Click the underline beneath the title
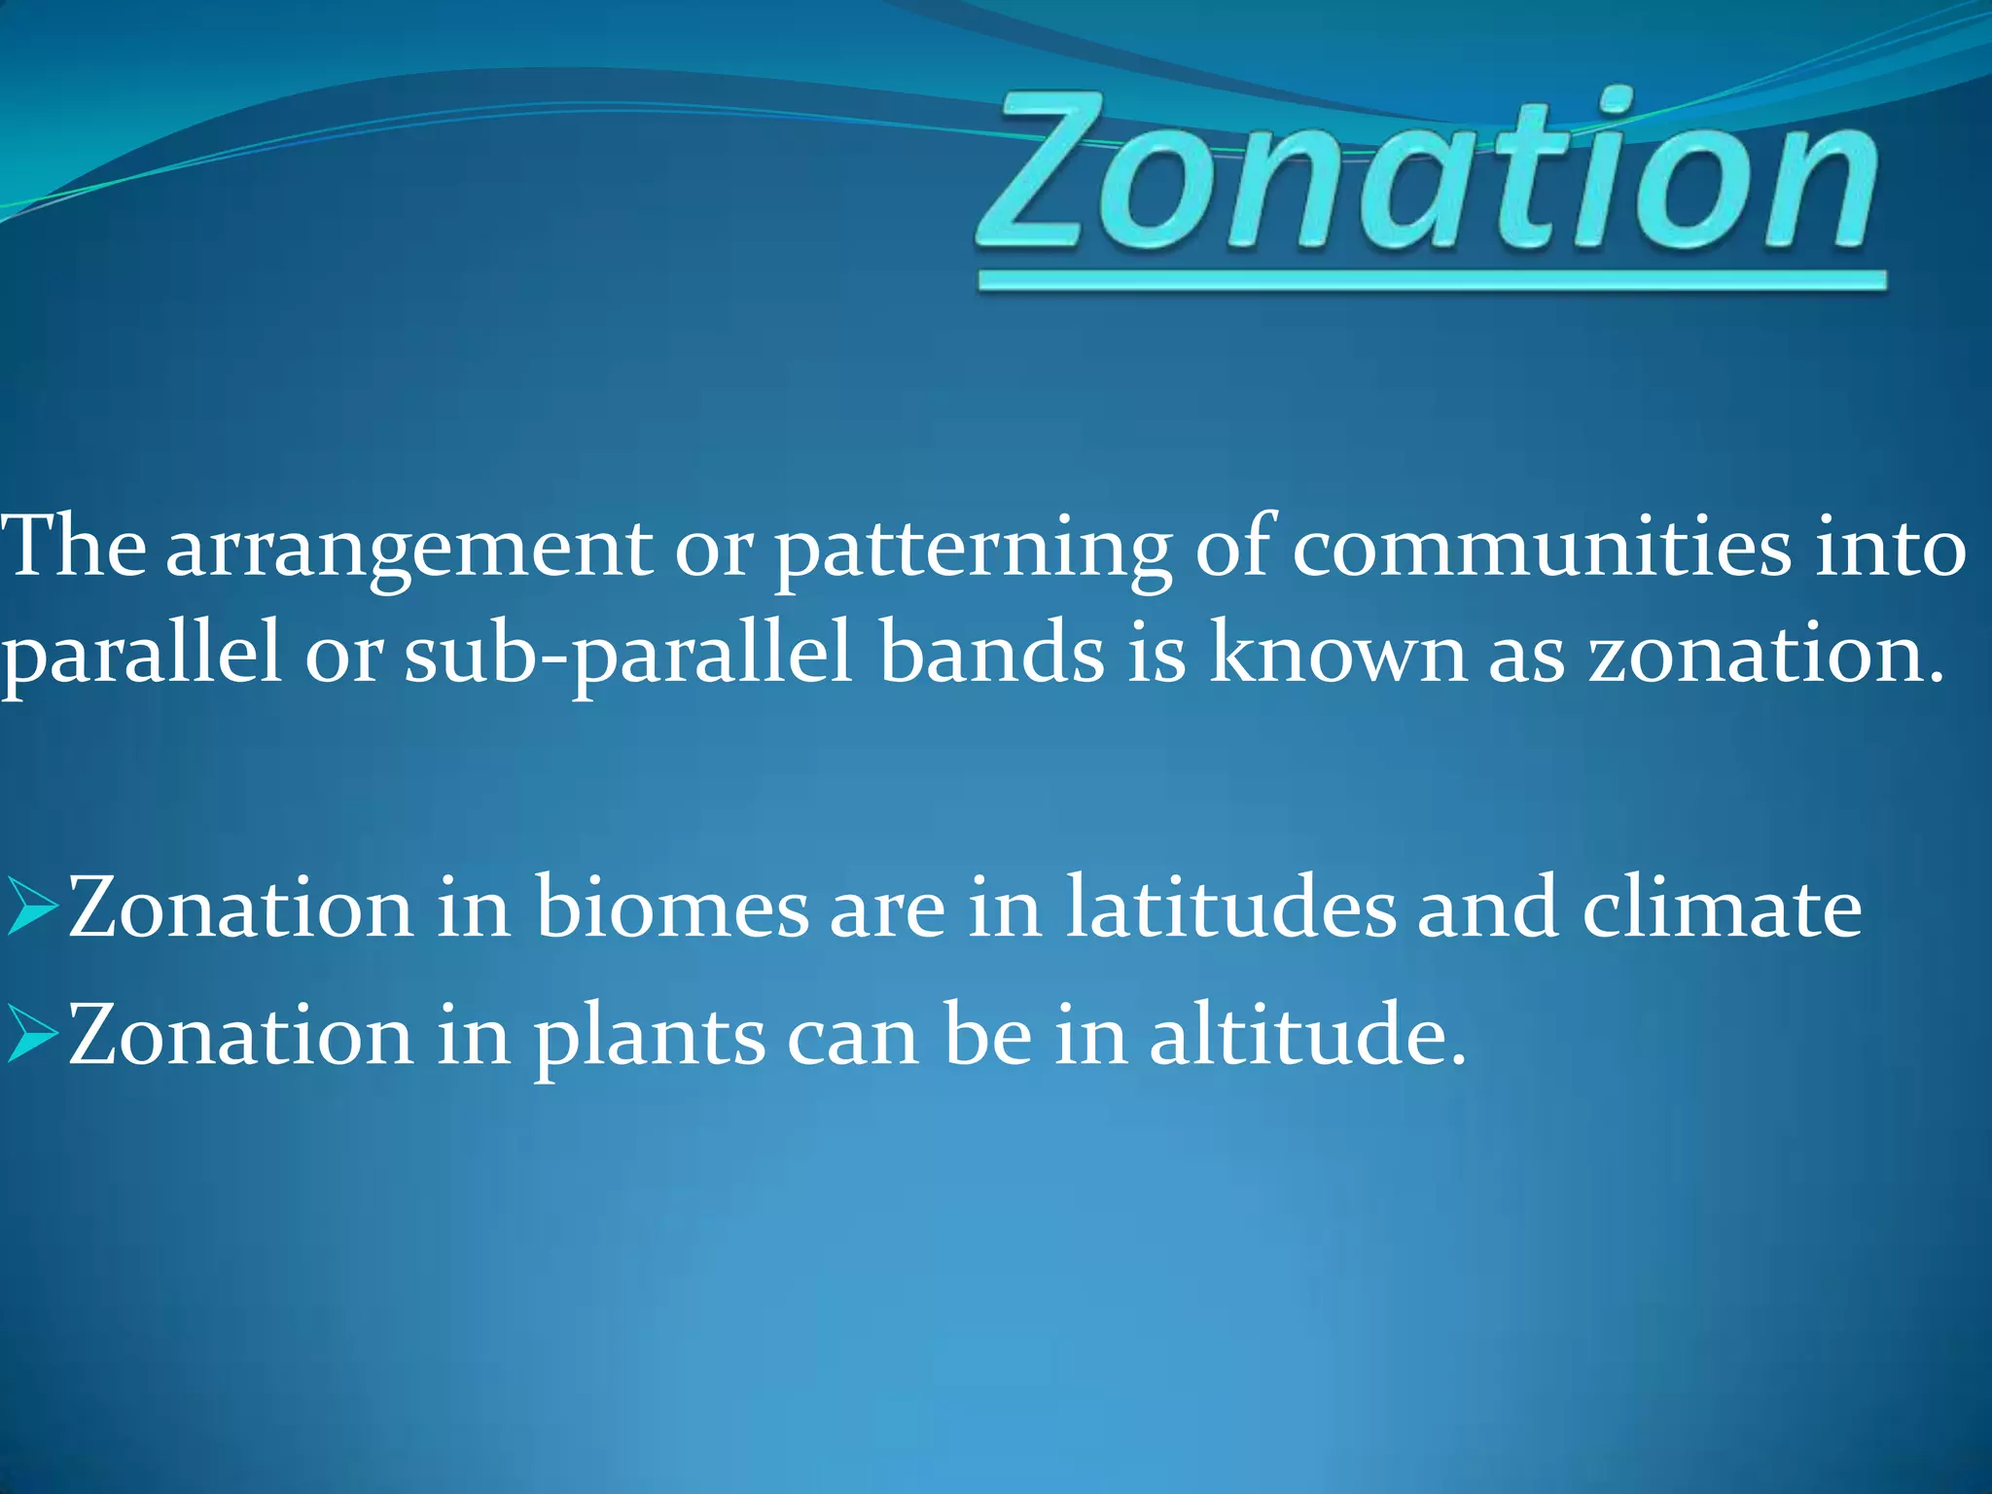click(x=1432, y=282)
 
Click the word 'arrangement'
click(x=409, y=551)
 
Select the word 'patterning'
click(x=973, y=551)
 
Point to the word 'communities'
click(x=1541, y=549)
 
